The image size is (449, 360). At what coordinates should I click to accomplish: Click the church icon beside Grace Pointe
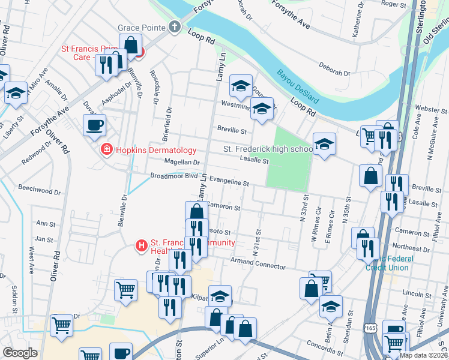[175, 27]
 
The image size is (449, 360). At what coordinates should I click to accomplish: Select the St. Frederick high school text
[268, 149]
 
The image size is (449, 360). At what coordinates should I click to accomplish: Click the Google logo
[20, 352]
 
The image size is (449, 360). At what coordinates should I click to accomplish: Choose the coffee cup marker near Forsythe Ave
[95, 125]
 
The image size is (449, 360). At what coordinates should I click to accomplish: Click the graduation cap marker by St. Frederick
[324, 144]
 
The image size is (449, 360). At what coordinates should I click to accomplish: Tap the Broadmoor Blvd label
[173, 176]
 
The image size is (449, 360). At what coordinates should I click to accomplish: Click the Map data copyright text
[423, 355]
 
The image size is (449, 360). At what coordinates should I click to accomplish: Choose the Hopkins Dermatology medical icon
[106, 149]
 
